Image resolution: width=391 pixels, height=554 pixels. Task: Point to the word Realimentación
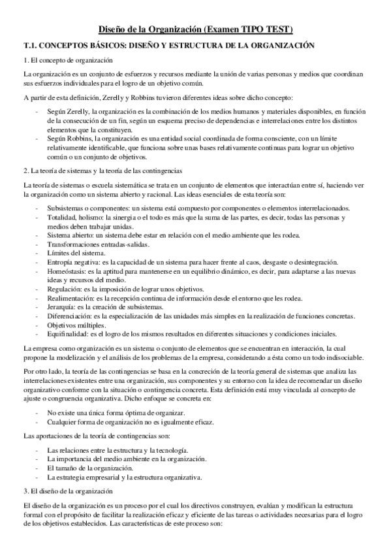click(x=69, y=298)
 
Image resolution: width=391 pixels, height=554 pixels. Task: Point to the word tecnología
click(x=170, y=450)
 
